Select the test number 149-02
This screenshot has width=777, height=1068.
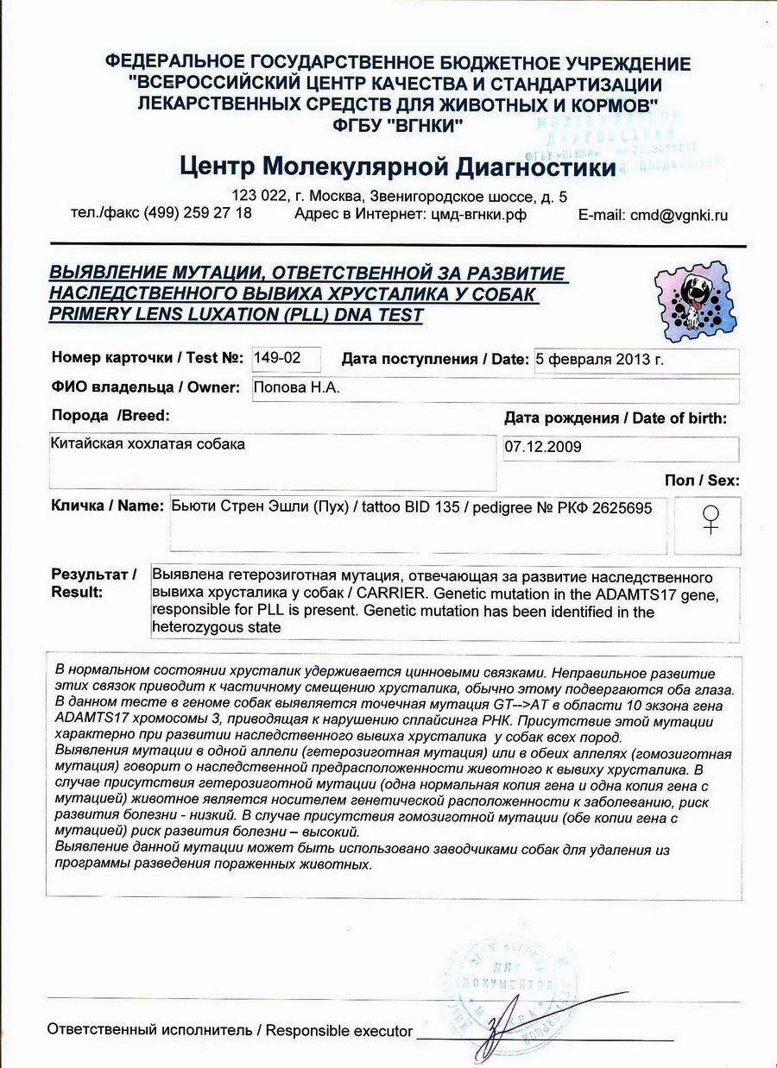tap(273, 358)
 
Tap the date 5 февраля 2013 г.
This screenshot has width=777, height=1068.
tap(599, 361)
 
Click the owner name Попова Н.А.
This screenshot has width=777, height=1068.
tap(297, 388)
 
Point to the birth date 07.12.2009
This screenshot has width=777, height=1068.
tap(544, 448)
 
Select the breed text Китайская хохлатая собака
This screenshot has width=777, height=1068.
tap(149, 444)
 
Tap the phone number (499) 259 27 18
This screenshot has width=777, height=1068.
tap(198, 213)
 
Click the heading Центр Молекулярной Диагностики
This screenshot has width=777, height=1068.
tap(398, 166)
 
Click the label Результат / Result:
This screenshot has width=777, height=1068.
tap(93, 583)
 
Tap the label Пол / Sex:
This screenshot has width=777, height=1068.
tap(701, 481)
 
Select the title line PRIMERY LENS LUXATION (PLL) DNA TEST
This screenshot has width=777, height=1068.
tap(236, 315)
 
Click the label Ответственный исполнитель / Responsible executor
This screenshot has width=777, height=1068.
tap(230, 1030)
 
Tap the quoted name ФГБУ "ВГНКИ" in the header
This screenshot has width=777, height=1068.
tap(398, 124)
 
